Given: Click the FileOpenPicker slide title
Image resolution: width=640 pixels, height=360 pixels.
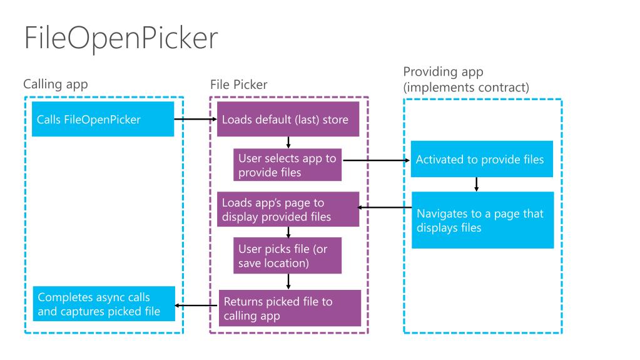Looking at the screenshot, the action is (121, 38).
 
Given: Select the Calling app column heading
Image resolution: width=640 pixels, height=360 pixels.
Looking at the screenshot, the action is (56, 84).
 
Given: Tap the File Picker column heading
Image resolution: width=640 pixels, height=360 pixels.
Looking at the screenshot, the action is (239, 85).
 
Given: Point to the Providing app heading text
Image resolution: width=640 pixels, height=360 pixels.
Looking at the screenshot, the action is (444, 72).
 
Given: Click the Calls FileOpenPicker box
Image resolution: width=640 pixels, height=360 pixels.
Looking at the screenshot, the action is (103, 120).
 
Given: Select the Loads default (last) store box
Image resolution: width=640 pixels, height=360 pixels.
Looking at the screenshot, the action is (288, 120).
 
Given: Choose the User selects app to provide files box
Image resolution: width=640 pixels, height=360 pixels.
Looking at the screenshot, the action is (287, 165).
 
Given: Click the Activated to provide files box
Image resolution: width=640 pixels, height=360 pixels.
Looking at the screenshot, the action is (482, 160).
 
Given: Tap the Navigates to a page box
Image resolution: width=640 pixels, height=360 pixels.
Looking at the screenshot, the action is (482, 220).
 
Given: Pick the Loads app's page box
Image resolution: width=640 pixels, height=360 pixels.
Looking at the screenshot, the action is (288, 209).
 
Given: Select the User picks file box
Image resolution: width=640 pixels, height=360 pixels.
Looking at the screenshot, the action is (287, 255).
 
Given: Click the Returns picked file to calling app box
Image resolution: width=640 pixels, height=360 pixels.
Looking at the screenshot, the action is (290, 308).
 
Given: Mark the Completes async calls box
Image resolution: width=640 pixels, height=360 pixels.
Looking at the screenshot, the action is (104, 304).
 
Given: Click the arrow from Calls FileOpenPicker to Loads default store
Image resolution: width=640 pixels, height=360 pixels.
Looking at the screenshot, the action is (196, 120).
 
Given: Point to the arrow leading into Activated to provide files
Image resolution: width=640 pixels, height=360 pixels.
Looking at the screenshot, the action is (377, 160).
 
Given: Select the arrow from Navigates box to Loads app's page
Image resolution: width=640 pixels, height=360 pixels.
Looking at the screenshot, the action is (385, 208).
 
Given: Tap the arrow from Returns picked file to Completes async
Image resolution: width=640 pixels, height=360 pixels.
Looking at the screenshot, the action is (196, 306).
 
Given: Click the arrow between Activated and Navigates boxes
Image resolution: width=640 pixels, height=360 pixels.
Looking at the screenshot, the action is (476, 184).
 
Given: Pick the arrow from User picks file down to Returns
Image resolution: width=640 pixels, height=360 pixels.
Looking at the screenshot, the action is (288, 282).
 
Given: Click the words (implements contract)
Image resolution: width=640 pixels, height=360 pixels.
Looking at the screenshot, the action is (466, 88).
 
